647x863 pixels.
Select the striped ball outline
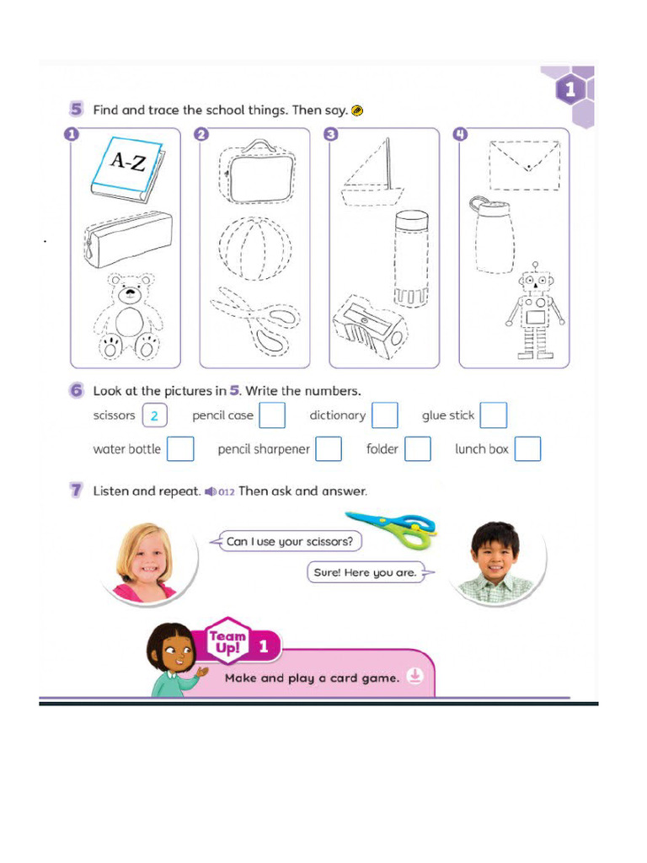(255, 251)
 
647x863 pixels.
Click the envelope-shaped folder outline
(524, 165)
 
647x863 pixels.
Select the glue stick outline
(411, 258)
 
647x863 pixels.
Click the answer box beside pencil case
(272, 415)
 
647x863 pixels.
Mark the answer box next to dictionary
(385, 415)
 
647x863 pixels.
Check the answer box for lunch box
(527, 449)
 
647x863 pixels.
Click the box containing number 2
(155, 415)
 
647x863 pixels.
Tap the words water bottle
(126, 449)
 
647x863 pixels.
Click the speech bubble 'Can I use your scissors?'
(287, 541)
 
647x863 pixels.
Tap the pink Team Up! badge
(227, 644)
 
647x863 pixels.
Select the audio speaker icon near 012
(210, 491)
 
